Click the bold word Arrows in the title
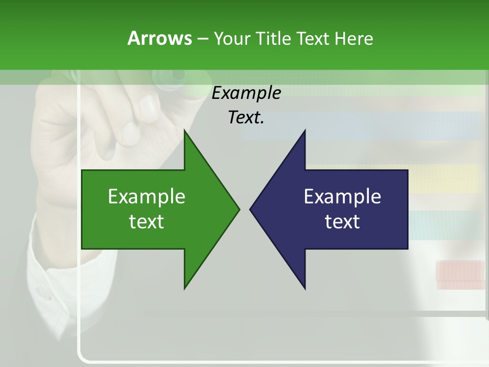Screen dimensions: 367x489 159,38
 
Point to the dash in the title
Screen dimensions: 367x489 202,39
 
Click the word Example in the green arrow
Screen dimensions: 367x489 147,197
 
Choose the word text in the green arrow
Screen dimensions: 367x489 147,222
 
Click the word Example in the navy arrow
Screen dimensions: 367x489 342,197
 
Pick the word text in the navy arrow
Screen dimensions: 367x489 342,222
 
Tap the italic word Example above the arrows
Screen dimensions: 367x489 246,93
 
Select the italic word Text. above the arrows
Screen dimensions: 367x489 246,118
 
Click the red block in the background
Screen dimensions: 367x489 459,272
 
